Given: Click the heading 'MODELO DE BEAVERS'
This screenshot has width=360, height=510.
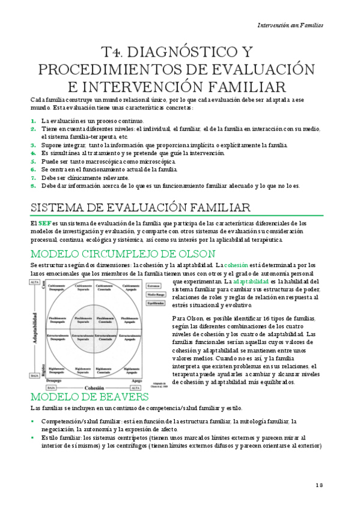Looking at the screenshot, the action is click(x=90, y=397).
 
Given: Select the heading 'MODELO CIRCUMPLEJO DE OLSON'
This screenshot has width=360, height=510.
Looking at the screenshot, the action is click(x=115, y=253).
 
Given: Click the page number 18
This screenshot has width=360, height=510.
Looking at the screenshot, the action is click(x=319, y=485).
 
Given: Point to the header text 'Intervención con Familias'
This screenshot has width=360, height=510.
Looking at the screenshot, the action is click(x=290, y=25).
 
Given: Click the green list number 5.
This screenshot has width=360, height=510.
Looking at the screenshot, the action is click(x=34, y=162).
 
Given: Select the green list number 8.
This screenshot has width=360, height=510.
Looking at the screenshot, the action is click(x=34, y=186).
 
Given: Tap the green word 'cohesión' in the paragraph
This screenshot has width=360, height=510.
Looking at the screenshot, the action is click(x=236, y=265).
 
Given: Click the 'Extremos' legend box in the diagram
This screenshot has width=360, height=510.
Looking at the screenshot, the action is click(x=154, y=286).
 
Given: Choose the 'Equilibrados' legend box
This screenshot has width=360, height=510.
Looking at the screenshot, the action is click(x=155, y=303).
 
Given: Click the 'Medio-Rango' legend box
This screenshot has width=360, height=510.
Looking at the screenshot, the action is click(x=154, y=294).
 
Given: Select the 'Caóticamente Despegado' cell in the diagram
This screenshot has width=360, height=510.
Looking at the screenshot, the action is click(x=58, y=287).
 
